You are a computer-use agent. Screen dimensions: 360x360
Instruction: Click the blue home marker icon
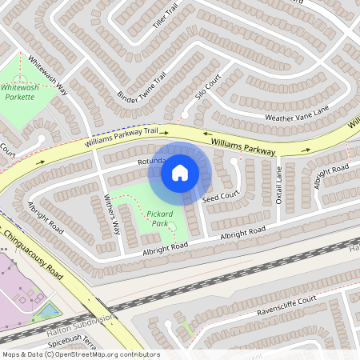pyautogui.click(x=180, y=172)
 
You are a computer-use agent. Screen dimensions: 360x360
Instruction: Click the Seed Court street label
pyautogui.click(x=221, y=196)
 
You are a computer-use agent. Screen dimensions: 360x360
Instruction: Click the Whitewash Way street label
pyautogui.click(x=48, y=76)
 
